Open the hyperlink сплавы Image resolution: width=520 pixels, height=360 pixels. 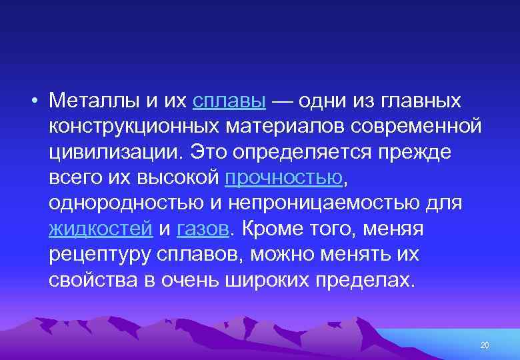click(229, 101)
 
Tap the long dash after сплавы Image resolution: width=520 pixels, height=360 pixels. click(282, 101)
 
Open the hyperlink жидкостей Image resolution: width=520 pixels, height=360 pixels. click(101, 229)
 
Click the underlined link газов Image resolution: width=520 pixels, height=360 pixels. click(203, 229)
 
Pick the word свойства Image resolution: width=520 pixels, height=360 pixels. click(92, 279)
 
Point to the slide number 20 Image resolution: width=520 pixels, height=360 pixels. click(485, 345)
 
